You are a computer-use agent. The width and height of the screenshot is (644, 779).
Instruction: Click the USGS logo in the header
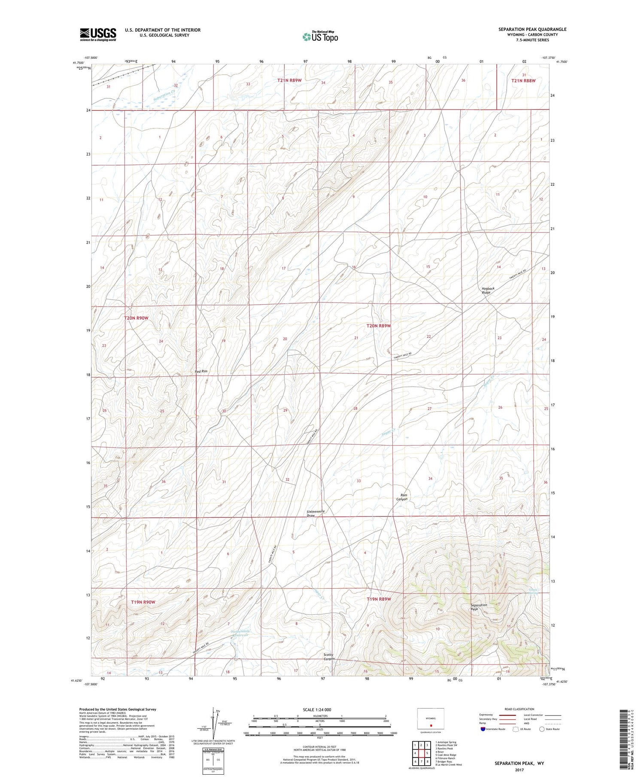click(98, 34)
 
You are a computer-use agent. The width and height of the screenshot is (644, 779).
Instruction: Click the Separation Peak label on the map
click(478, 607)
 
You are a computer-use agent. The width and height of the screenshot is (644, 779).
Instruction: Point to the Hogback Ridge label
click(488, 290)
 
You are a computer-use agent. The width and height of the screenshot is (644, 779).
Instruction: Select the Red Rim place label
click(201, 371)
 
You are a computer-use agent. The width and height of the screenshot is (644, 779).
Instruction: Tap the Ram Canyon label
click(401, 497)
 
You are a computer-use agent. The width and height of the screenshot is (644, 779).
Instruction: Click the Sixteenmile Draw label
click(316, 513)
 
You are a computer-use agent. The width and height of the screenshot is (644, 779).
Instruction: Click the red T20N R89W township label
click(379, 326)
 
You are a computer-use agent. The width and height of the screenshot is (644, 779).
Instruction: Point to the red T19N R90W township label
click(143, 602)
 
